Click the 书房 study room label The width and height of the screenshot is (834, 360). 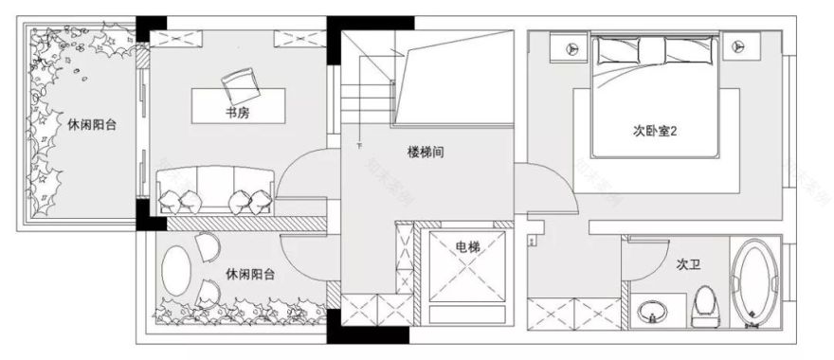tap(238, 114)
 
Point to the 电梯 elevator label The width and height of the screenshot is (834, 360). tap(467, 247)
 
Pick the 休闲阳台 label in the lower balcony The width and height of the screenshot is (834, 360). tap(251, 275)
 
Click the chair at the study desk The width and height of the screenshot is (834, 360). tap(240, 85)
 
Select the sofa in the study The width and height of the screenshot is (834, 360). tap(217, 189)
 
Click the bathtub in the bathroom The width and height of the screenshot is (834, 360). tap(757, 283)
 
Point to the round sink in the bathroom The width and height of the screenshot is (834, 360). tap(651, 311)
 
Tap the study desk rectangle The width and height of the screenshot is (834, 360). tap(237, 104)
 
